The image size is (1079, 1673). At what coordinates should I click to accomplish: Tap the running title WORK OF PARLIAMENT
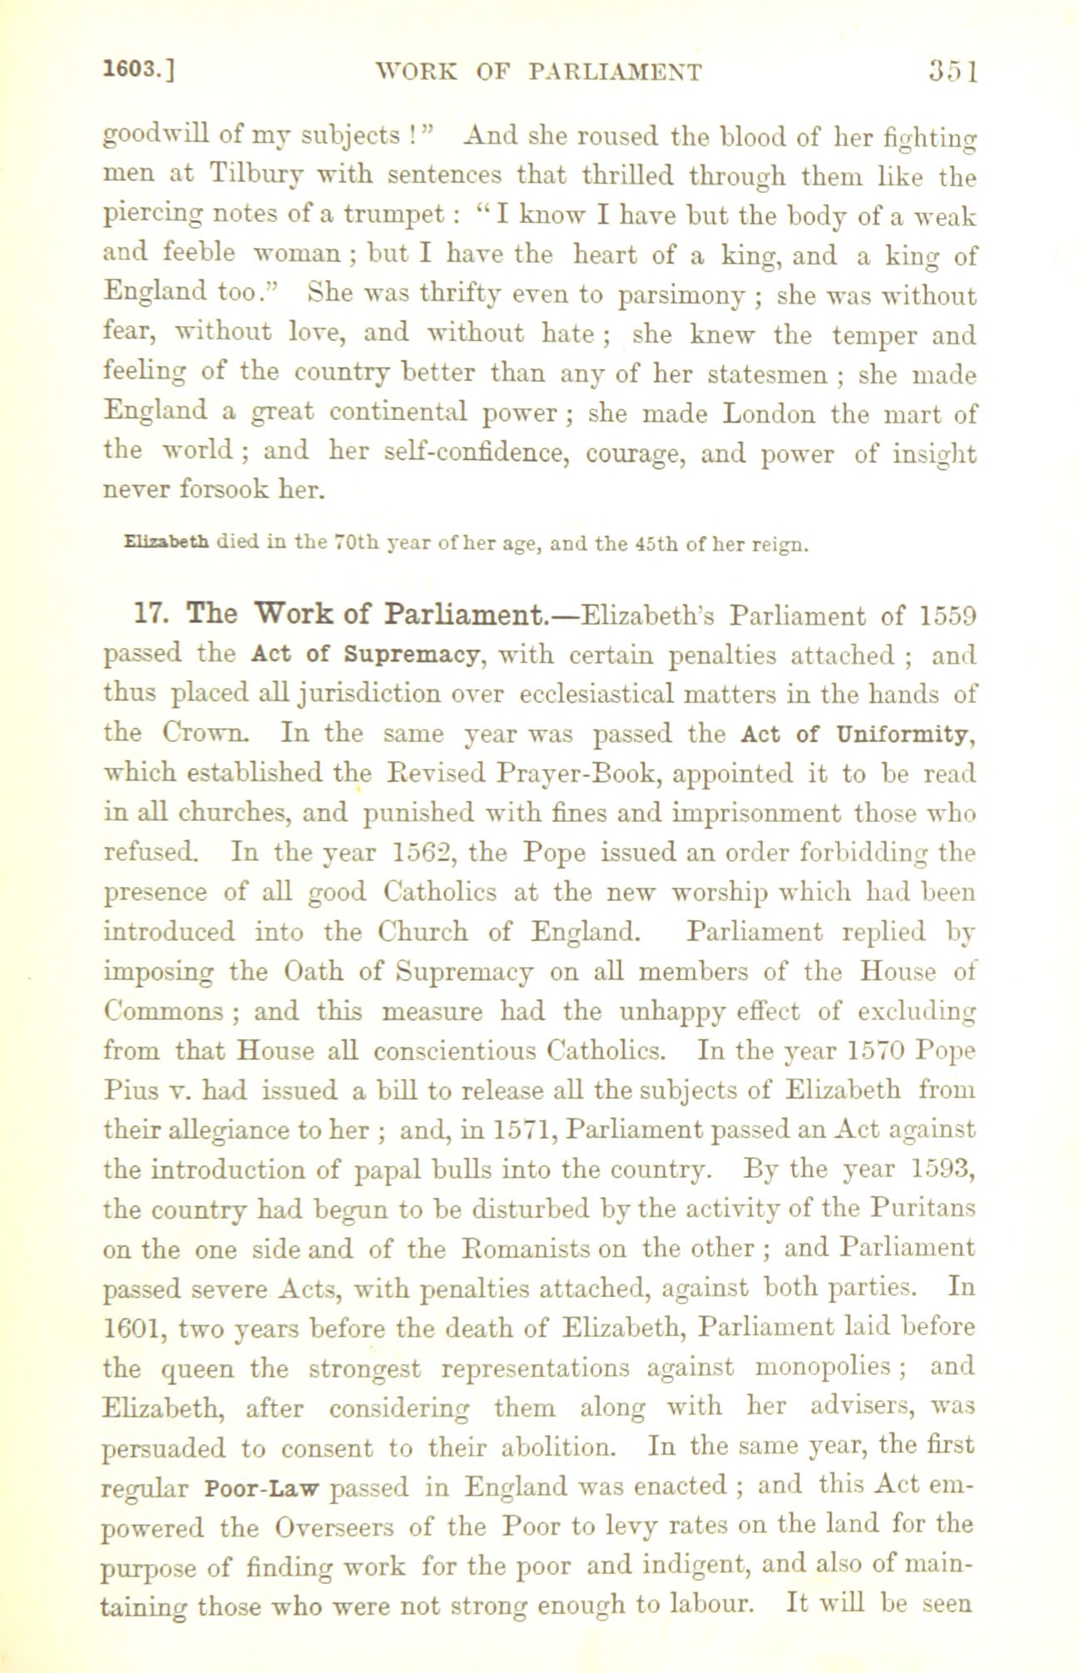[x=539, y=72]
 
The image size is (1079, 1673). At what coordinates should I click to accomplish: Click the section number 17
[x=150, y=615]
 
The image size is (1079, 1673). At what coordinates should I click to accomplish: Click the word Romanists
[x=520, y=1249]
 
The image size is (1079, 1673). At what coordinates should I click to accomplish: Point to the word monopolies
[x=820, y=1367]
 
